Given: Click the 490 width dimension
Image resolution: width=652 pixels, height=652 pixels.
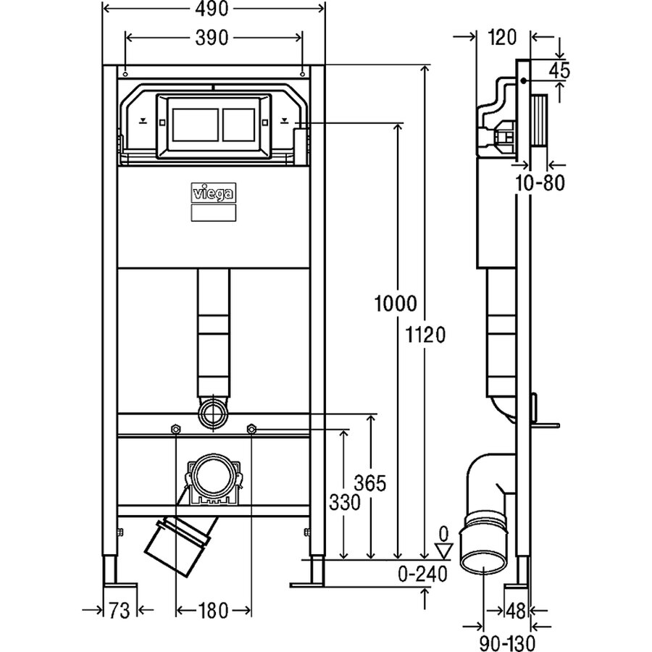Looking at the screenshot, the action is pos(212,9).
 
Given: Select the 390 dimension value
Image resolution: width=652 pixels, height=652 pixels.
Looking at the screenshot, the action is pos(212,38).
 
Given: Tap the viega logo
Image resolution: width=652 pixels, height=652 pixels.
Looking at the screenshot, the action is pos(214,193).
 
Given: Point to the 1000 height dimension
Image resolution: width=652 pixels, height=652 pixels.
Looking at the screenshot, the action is pos(396,303).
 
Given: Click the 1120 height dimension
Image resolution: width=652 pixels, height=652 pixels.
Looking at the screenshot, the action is pos(425,334).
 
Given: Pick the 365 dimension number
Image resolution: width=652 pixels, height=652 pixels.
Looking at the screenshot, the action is pos(370,483).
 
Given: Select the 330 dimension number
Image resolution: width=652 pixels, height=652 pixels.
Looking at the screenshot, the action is pos(344,503).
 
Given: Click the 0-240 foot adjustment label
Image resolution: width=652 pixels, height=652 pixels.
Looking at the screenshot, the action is pos(422,574).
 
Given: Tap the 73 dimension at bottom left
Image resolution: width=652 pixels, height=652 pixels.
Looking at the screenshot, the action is pos(119,611).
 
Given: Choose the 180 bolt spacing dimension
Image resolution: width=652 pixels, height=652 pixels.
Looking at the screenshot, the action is pos(213,611).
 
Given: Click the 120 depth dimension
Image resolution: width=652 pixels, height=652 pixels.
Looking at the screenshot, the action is pos(502,38).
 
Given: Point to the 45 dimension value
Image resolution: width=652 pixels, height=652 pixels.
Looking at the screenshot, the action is pos(559,70).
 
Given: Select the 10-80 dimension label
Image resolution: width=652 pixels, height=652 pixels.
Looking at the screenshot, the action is pos(540,183).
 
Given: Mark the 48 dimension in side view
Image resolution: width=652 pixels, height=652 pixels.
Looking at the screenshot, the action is pos(516,611).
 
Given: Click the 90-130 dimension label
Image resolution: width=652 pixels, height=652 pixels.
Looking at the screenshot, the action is pos(507,643).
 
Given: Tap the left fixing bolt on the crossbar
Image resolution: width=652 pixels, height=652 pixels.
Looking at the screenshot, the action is pos(175,428).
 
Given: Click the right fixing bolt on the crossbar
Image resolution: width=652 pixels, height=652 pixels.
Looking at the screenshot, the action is pos(251,428).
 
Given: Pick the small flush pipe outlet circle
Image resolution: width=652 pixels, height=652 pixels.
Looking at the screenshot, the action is pos(214,414).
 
